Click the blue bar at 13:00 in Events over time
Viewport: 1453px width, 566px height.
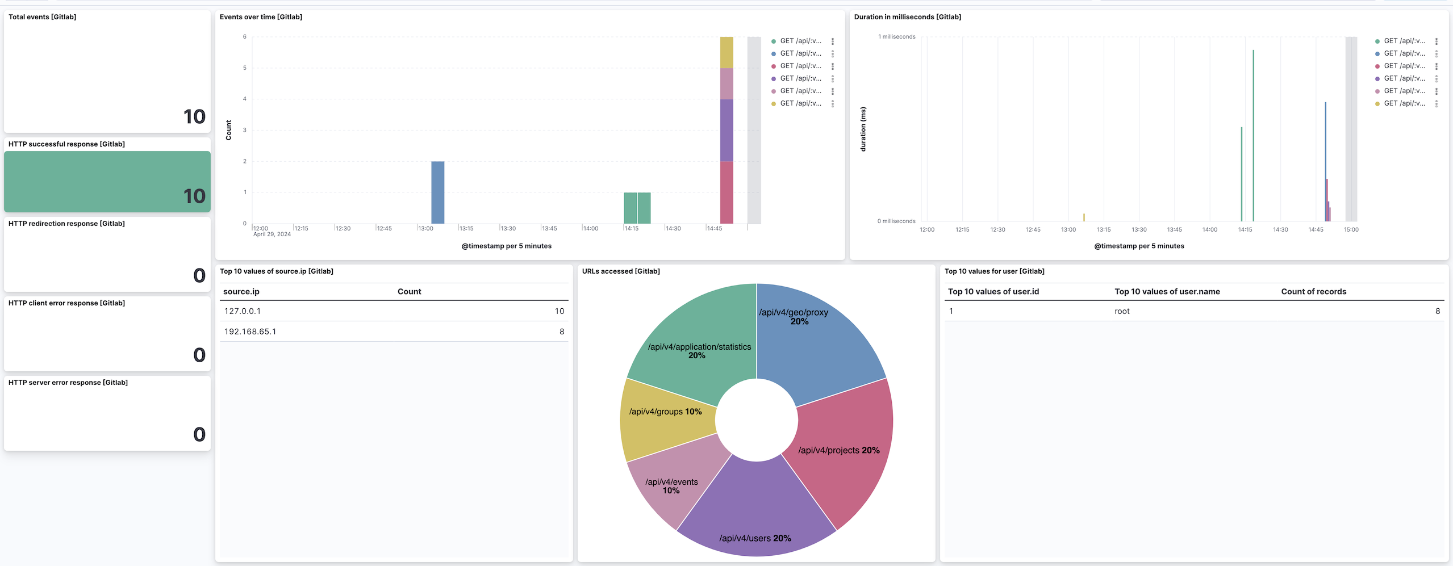437,192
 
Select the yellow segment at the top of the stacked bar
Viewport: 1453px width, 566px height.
726,52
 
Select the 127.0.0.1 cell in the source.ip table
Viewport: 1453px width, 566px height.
243,311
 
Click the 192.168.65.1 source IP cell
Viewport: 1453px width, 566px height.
250,332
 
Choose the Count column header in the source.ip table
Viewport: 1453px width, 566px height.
409,291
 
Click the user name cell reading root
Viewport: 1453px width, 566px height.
1122,311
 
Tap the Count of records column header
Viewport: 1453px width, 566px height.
1313,291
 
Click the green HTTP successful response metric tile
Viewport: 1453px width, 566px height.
107,181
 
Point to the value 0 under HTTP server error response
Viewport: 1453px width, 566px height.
199,434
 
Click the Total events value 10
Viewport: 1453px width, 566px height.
194,117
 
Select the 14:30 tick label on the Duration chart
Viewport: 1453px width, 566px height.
1280,229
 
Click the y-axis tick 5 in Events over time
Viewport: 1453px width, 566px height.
245,68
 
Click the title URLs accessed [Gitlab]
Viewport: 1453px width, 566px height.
620,271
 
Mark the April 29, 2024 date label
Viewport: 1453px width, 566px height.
272,234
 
